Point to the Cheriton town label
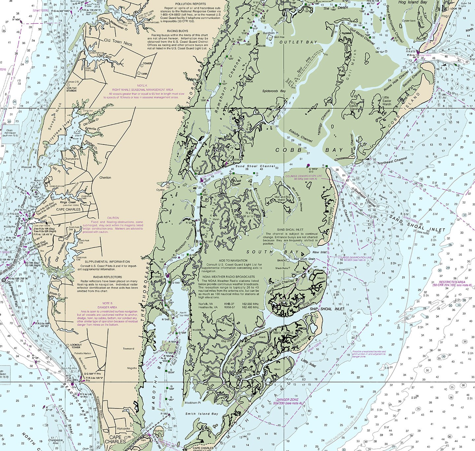[105, 177]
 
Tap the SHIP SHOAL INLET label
[327, 309]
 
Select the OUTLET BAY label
[298, 42]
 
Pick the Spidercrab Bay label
[274, 91]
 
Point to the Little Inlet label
[308, 363]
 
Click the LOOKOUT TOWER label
[76, 346]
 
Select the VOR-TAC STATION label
[71, 89]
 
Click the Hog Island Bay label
[412, 2]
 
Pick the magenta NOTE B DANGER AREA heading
[107, 305]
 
